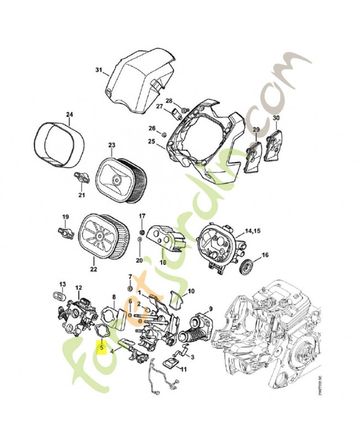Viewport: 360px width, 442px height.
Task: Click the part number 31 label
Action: pyautogui.click(x=99, y=70)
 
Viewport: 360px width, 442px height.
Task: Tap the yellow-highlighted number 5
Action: pyautogui.click(x=103, y=349)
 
